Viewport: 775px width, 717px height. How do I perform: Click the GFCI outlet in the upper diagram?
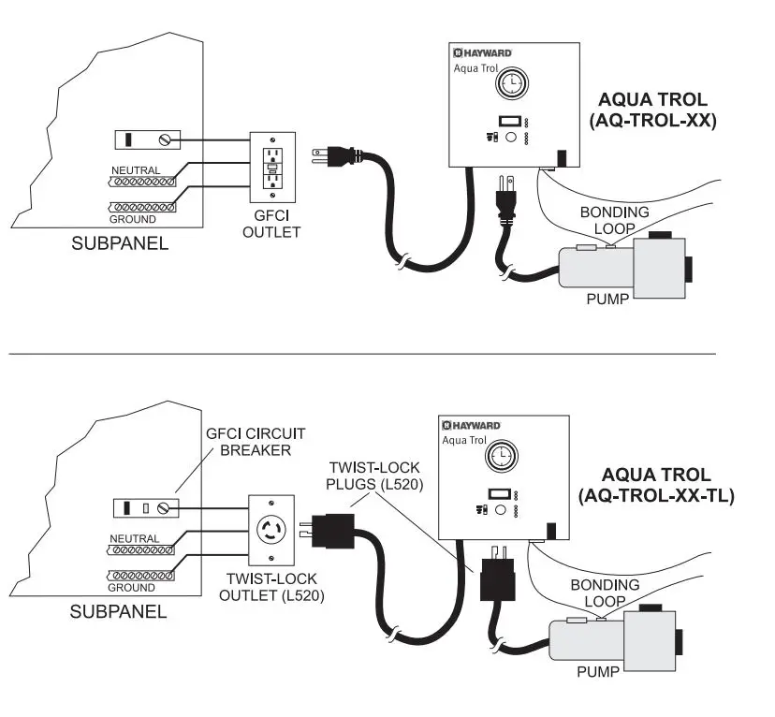click(272, 168)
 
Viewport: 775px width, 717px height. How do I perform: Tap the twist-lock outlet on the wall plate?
click(271, 530)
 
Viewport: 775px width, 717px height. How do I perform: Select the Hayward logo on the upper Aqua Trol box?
click(482, 52)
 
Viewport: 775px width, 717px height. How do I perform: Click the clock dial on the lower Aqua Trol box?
click(503, 456)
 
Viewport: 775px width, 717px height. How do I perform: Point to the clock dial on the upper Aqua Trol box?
click(512, 83)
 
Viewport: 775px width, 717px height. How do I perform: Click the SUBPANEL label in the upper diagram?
click(120, 243)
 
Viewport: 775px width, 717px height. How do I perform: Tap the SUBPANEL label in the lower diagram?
click(118, 612)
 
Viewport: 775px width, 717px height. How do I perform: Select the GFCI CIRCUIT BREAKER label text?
click(255, 442)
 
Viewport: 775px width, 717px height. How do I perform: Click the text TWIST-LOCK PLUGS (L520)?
click(374, 476)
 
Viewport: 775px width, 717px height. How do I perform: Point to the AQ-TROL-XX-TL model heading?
click(656, 485)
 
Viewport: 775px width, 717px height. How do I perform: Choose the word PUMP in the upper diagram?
click(607, 299)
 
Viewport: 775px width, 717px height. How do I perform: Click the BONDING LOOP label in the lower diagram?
click(605, 593)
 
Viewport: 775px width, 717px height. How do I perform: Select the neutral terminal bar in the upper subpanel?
click(142, 182)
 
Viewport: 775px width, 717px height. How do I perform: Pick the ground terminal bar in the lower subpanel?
click(140, 576)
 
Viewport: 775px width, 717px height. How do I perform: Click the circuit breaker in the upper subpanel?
click(147, 139)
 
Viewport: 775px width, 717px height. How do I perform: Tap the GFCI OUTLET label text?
click(271, 224)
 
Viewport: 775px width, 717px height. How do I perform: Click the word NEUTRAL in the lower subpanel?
click(135, 538)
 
